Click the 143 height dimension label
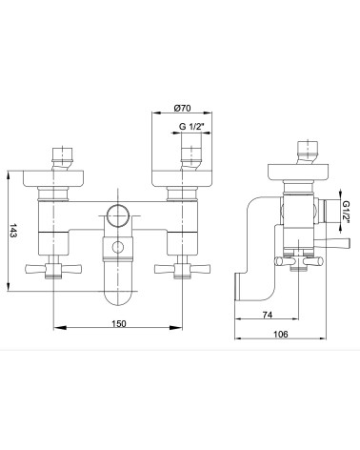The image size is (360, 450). tap(13, 231)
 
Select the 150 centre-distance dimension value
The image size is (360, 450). tap(119, 323)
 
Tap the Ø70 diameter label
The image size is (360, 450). tap(183, 108)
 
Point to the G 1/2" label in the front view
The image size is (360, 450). tap(191, 127)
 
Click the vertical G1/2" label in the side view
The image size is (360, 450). tap(347, 212)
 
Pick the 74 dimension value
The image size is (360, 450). tap(268, 315)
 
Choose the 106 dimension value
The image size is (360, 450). tap(281, 334)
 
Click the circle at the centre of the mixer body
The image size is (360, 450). tap(118, 215)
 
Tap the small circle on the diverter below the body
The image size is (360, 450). tap(118, 247)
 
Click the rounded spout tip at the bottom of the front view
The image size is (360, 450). tap(118, 297)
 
